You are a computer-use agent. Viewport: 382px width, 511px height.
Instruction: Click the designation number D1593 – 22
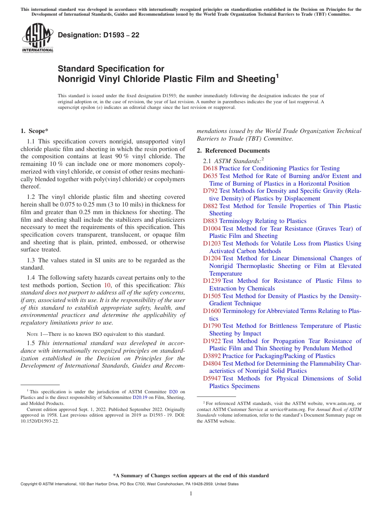click(x=99, y=35)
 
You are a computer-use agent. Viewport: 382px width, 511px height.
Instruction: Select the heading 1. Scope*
click(x=35, y=131)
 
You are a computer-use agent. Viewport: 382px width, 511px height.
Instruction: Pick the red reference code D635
click(x=210, y=176)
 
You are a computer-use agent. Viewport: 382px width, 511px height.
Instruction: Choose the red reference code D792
click(x=210, y=191)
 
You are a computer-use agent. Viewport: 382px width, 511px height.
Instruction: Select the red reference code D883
click(x=210, y=221)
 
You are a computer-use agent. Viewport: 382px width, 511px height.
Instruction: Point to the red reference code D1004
click(x=212, y=229)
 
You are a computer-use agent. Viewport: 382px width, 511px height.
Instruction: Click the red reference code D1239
click(x=212, y=281)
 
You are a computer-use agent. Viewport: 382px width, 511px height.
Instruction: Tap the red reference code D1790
click(x=212, y=326)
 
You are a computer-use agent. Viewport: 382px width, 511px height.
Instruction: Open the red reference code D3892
click(x=212, y=356)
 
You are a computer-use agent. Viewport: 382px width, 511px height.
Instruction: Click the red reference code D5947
click(x=212, y=378)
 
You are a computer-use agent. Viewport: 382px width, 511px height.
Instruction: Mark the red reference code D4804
click(x=212, y=364)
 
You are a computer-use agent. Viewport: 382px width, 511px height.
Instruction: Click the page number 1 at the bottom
click(x=191, y=494)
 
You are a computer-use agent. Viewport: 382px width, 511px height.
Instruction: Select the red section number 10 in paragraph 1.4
click(x=107, y=285)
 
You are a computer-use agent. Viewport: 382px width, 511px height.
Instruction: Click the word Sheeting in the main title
click(x=253, y=79)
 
